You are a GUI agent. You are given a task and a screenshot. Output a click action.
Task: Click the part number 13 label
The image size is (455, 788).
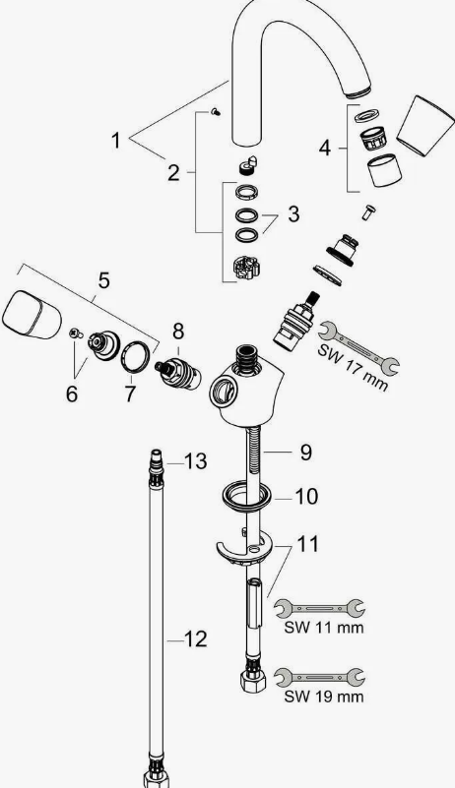click(195, 461)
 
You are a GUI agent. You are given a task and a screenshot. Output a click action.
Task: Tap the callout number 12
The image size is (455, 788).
click(195, 639)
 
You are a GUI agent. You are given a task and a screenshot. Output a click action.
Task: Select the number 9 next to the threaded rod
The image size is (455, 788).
click(306, 453)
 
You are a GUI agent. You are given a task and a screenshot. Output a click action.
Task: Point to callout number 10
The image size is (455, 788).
click(306, 497)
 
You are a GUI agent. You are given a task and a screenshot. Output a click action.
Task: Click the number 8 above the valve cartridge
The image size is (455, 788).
click(178, 332)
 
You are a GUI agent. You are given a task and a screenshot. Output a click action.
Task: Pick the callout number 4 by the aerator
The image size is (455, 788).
click(325, 149)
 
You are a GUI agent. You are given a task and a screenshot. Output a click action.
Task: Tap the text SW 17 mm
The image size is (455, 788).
click(353, 367)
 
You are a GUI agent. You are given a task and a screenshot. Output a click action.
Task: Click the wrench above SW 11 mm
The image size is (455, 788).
click(320, 609)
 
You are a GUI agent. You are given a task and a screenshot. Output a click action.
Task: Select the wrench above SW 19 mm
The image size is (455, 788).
click(320, 678)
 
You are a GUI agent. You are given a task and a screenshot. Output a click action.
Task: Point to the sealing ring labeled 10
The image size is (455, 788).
click(245, 496)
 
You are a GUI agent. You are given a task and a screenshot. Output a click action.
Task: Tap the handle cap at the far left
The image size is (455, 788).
click(32, 315)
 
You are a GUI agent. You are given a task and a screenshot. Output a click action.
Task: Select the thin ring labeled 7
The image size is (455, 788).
click(136, 357)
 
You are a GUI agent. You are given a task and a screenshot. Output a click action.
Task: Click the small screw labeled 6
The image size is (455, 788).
click(76, 333)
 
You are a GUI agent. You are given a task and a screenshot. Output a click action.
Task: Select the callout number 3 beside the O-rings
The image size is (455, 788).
click(293, 214)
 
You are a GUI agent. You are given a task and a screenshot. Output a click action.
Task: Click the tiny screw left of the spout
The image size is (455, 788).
click(216, 112)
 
